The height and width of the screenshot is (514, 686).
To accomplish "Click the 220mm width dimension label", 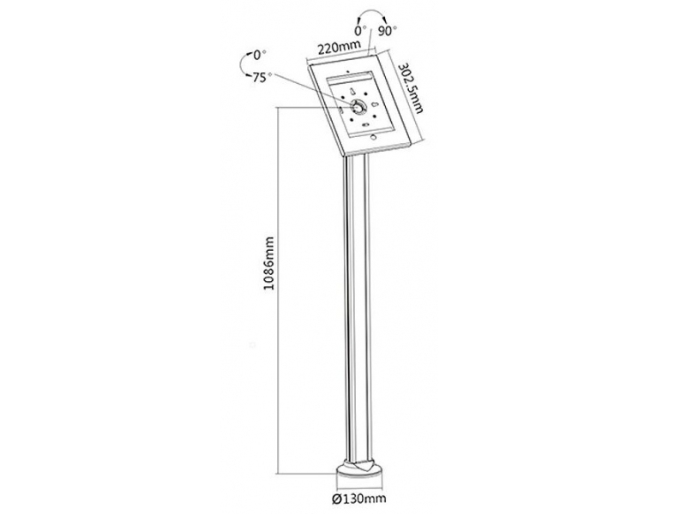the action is click(x=339, y=47).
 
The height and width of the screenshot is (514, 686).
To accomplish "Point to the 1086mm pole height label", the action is click(x=268, y=263).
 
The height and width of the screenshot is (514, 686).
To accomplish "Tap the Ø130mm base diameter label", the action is click(x=358, y=498).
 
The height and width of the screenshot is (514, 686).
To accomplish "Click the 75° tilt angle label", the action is click(x=261, y=77).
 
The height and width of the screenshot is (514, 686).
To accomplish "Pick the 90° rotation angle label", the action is click(x=388, y=31).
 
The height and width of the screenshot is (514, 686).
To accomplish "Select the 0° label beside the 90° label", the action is click(x=360, y=31).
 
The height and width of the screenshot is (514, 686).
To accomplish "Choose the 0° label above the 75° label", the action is click(x=260, y=55).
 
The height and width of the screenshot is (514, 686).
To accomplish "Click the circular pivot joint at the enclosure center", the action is click(x=358, y=107).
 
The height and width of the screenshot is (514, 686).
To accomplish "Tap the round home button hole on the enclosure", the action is click(x=373, y=137).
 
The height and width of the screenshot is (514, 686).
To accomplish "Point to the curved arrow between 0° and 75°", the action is click(x=242, y=67).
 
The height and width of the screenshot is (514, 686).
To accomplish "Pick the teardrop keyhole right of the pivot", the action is click(x=375, y=104).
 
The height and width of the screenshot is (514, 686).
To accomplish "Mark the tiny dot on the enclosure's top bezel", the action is click(x=347, y=70).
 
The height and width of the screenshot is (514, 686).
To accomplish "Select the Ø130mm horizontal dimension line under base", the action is click(x=359, y=487).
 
